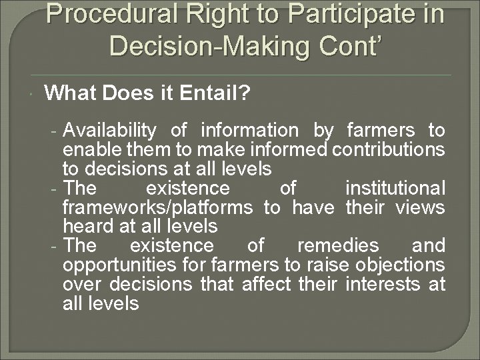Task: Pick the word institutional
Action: point(395,188)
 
